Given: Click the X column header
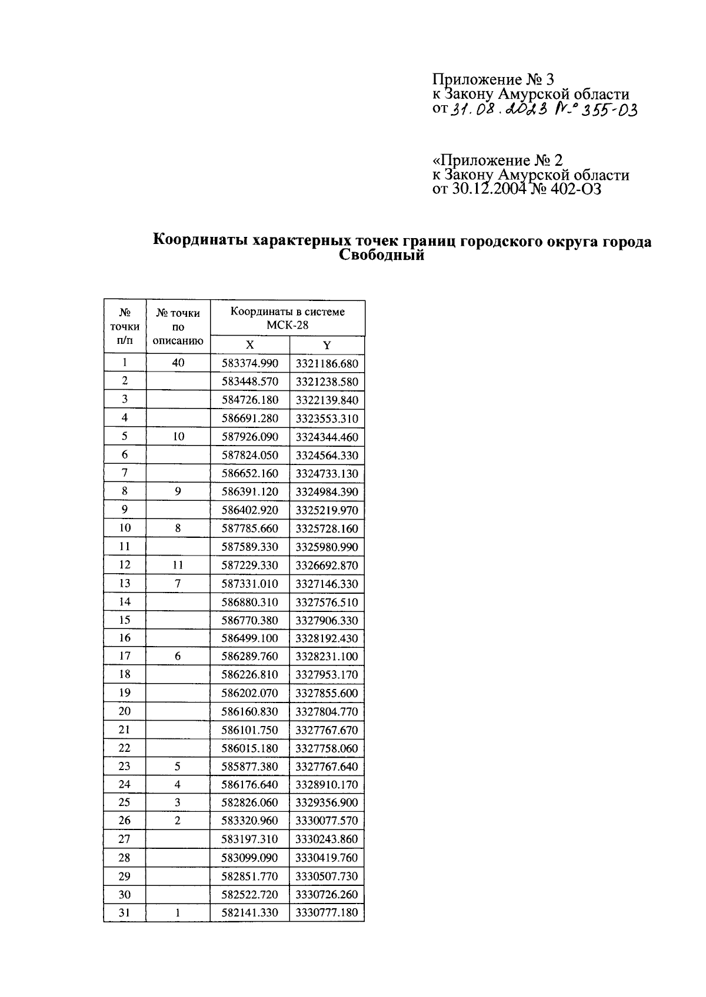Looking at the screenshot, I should pyautogui.click(x=249, y=345).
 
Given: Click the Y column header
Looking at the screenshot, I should pyautogui.click(x=327, y=345).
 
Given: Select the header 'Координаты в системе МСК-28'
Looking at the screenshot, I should pyautogui.click(x=287, y=318).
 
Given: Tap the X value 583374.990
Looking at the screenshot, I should pyautogui.click(x=249, y=363).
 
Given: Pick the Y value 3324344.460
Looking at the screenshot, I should pyautogui.click(x=327, y=437).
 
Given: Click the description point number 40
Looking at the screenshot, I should pyautogui.click(x=178, y=363).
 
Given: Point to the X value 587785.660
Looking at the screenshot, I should pyautogui.click(x=249, y=528).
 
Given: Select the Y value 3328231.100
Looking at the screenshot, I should pyautogui.click(x=327, y=657).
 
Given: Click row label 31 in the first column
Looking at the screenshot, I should pyautogui.click(x=125, y=912).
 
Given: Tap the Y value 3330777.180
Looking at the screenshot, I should pyautogui.click(x=327, y=913).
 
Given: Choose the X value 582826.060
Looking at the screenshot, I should pyautogui.click(x=249, y=803).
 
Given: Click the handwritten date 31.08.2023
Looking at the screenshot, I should pyautogui.click(x=498, y=110).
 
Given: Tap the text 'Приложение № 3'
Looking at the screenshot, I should pyautogui.click(x=493, y=79).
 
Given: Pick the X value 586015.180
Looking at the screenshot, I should pyautogui.click(x=249, y=748).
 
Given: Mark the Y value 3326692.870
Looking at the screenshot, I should pyautogui.click(x=327, y=566).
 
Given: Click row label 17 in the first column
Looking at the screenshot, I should pyautogui.click(x=125, y=656).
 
